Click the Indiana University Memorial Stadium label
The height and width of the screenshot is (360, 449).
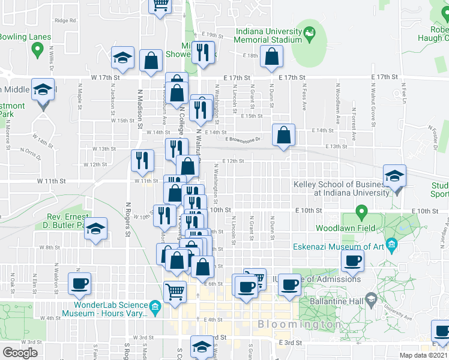tap(268, 35)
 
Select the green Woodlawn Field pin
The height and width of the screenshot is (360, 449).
tap(361, 212)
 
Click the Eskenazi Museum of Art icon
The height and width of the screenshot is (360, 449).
tap(392, 244)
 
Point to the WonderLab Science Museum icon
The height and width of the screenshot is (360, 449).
tap(155, 309)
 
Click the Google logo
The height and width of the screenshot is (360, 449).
tap(20, 353)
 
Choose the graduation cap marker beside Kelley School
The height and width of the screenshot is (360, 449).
tap(395, 176)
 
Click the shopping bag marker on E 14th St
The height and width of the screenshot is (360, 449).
tap(283, 134)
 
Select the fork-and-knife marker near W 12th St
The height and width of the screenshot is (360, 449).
tap(142, 160)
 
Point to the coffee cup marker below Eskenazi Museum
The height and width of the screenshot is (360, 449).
tap(352, 260)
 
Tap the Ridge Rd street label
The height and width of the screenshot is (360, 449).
tap(65, 20)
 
